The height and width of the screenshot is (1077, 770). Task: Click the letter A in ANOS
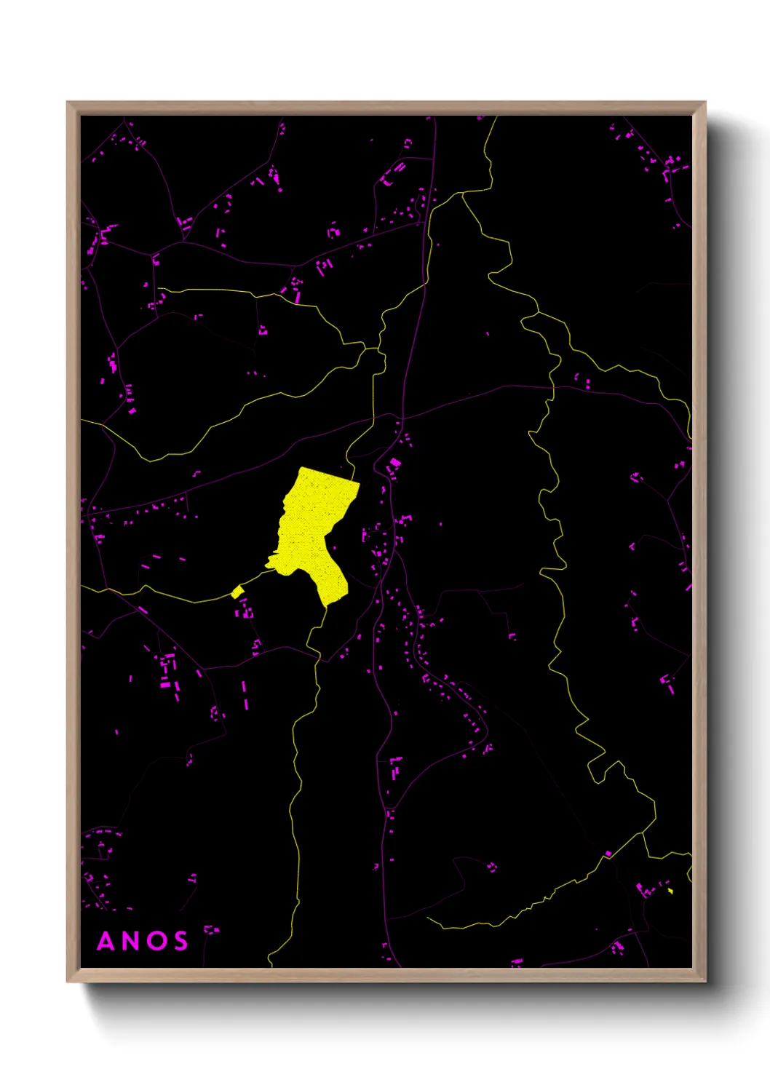point(106,941)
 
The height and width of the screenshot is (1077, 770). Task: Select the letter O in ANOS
point(155,941)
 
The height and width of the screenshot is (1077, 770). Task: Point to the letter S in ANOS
point(179,941)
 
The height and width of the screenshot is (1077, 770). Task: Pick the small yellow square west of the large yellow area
point(237,592)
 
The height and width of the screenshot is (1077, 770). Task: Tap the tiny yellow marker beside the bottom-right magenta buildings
point(670,891)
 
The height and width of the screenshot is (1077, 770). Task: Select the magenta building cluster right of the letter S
point(210,930)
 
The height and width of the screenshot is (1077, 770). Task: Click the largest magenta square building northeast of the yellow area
point(395,462)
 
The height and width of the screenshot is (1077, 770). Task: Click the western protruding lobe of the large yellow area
point(271,563)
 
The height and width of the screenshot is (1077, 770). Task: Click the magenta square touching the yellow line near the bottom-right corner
point(608,854)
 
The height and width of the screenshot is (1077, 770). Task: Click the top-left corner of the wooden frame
point(68,103)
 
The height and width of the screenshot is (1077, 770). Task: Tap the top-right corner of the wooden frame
point(705,103)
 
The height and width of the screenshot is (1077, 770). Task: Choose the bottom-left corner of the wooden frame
point(68,982)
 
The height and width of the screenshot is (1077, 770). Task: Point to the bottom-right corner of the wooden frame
point(705,982)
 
